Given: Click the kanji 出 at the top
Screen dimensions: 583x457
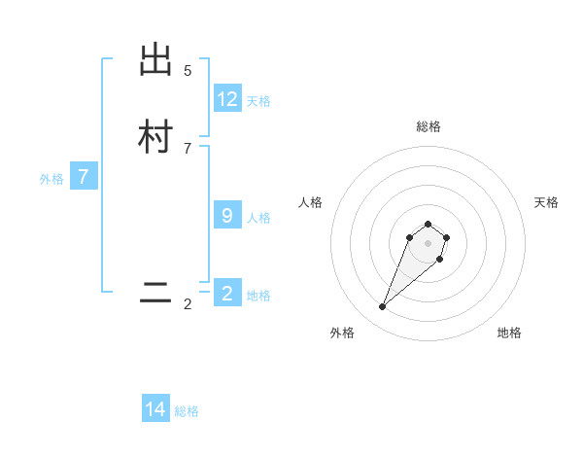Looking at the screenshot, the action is [155, 61].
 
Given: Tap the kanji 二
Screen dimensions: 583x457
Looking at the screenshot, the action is [155, 294].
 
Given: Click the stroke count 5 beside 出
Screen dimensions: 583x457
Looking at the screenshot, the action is [188, 70].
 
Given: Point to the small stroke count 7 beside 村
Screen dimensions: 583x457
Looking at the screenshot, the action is [188, 148].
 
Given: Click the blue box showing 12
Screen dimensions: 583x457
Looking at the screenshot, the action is [227, 99].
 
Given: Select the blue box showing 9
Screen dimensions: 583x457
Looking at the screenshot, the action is [227, 216].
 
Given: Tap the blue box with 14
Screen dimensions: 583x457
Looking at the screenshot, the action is [155, 409].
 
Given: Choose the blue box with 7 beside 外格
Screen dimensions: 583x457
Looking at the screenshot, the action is [84, 177].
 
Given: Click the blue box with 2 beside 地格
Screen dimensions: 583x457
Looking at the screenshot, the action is [227, 294].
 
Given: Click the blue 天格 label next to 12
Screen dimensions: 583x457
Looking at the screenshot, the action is [258, 101].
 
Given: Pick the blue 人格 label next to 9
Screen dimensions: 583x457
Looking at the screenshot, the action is [258, 218].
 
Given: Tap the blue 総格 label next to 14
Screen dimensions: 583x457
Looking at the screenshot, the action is [187, 411].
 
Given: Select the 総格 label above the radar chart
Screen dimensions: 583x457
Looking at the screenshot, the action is [428, 126].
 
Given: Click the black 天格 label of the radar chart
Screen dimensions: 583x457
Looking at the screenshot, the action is [546, 202].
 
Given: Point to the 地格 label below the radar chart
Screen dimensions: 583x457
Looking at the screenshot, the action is [509, 333].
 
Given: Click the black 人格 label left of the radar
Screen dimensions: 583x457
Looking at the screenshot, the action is [311, 202].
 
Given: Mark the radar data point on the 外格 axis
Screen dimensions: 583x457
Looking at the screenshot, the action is [383, 307].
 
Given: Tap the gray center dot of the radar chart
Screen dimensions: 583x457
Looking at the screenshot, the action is [428, 243].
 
